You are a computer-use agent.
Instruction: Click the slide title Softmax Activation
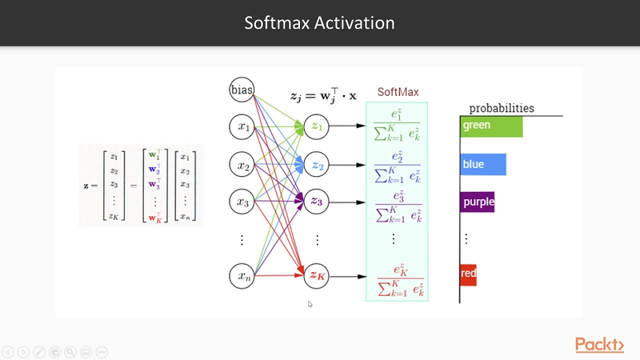click(319, 23)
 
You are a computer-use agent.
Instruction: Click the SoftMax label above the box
click(398, 92)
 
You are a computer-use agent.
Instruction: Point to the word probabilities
click(502, 108)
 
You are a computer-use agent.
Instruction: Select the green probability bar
click(491, 126)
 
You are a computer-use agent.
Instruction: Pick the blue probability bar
click(483, 164)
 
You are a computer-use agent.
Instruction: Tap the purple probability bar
click(478, 202)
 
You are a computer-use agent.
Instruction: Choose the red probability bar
click(469, 274)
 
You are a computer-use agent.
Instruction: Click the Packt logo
click(599, 345)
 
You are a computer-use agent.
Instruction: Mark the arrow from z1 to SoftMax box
click(348, 126)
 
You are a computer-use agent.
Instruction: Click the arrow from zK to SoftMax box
click(348, 277)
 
